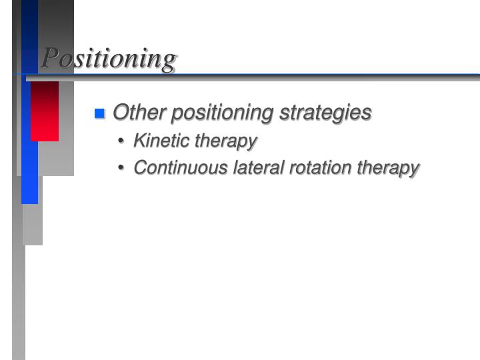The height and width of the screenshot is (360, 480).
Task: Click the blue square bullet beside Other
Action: [x=100, y=113]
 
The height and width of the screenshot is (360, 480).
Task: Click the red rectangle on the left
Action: [x=45, y=111]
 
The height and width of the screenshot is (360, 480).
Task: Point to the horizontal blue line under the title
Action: [x=267, y=74]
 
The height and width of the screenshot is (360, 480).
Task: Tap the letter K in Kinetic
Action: [x=139, y=141]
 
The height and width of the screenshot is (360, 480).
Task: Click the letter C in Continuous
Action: [x=140, y=167]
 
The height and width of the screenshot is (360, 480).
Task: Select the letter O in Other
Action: [x=121, y=113]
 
